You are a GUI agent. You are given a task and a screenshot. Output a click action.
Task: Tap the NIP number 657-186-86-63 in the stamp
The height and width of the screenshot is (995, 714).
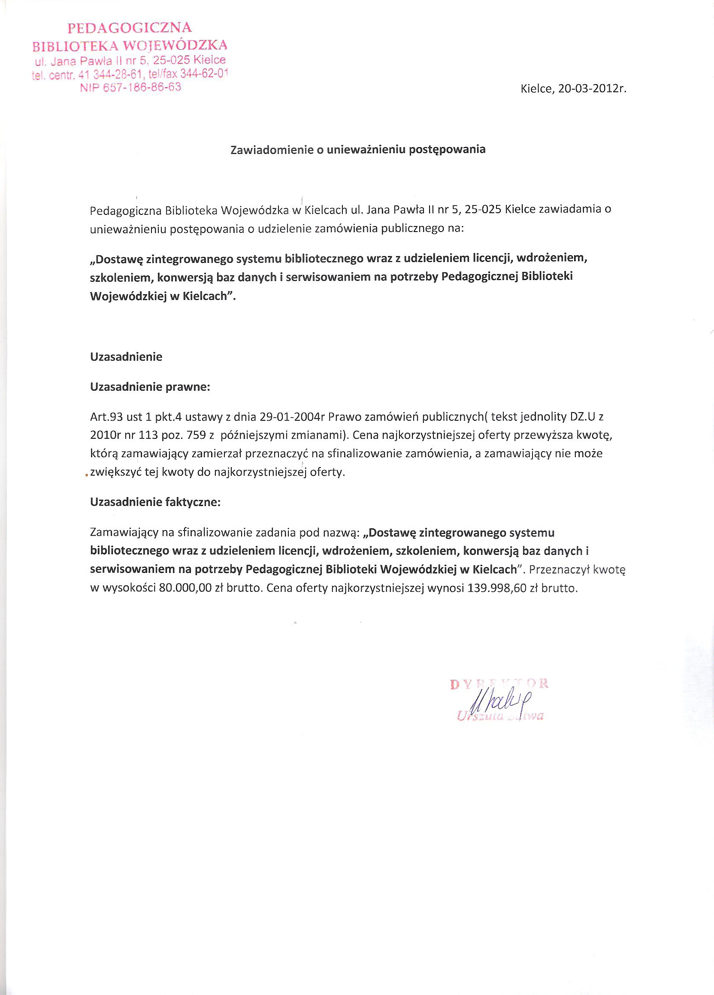coord(131,87)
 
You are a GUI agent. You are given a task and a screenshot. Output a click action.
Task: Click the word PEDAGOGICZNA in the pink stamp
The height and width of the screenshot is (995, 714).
coord(130,28)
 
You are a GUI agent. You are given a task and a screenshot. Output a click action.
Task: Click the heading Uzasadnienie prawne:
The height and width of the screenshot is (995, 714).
coord(150,387)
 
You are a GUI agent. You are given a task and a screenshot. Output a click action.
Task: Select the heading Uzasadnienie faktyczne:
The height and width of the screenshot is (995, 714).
coord(155,502)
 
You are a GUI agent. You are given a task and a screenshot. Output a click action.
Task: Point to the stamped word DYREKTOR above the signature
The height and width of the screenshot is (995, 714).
coord(499,684)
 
